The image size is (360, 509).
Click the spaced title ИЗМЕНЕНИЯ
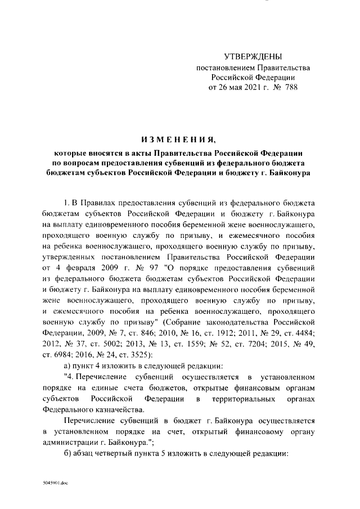point(178,139)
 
